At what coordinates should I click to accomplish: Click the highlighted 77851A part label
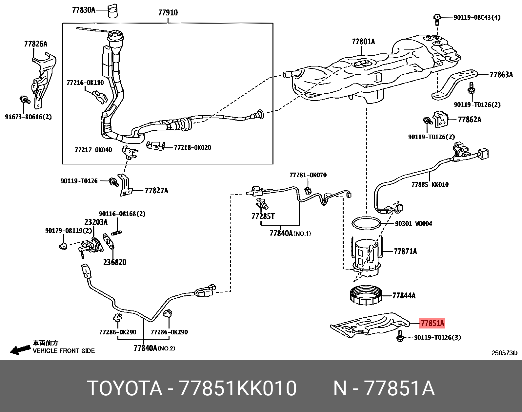pyautogui.click(x=432, y=323)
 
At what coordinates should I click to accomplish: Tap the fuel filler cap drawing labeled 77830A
pyautogui.click(x=113, y=10)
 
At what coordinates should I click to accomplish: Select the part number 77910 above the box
pyautogui.click(x=168, y=13)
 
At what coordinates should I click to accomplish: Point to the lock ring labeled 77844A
pyautogui.click(x=366, y=295)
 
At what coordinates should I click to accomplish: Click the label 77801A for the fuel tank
pyautogui.click(x=363, y=42)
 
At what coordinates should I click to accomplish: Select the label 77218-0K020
pyautogui.click(x=192, y=148)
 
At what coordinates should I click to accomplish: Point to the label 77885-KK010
pyautogui.click(x=430, y=185)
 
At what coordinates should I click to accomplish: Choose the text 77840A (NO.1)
pyautogui.click(x=290, y=234)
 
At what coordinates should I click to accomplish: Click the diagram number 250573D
pyautogui.click(x=504, y=353)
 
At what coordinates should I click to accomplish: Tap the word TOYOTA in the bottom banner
pyautogui.click(x=125, y=388)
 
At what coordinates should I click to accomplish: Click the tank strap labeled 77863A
pyautogui.click(x=454, y=84)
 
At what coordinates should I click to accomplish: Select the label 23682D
pyautogui.click(x=114, y=262)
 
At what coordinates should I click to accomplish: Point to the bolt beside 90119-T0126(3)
pyautogui.click(x=400, y=336)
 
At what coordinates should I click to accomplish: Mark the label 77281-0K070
pyautogui.click(x=308, y=175)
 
